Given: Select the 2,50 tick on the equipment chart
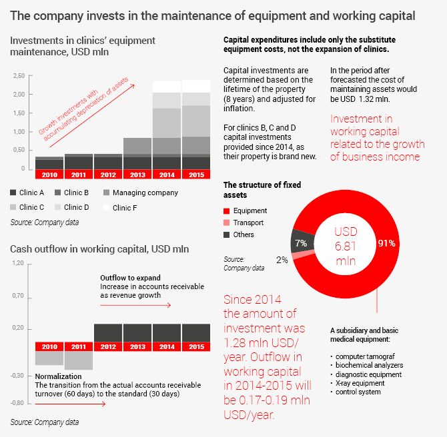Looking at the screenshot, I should (19, 76).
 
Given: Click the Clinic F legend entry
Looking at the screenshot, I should (126, 207).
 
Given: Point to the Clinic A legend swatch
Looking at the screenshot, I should (14, 193).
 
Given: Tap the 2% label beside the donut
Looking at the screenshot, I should (282, 260).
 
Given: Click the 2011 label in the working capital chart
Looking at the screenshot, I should (79, 347).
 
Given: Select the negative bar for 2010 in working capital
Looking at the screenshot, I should (49, 358).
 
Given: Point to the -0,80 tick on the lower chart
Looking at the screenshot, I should (17, 403).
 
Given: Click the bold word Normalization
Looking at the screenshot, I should (58, 376).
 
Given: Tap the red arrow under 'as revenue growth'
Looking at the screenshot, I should (135, 305).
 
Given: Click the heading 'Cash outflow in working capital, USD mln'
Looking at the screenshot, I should (99, 249).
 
